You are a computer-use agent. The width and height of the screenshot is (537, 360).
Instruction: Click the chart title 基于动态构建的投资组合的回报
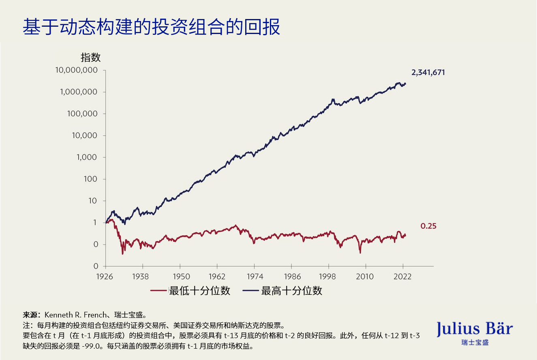(151, 28)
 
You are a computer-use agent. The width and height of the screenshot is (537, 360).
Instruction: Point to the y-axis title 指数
(90, 58)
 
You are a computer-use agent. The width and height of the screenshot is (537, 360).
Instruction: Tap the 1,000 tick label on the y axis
(87, 158)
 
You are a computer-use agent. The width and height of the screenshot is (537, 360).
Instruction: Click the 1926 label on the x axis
(105, 276)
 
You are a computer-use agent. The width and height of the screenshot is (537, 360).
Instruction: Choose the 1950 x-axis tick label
(180, 276)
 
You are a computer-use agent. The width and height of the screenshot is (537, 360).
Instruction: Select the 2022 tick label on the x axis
(403, 276)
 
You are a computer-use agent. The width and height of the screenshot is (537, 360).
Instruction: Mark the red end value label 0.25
(428, 226)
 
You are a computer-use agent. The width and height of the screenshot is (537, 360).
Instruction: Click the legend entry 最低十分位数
(199, 291)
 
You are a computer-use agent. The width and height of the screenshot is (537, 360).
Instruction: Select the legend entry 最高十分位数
(291, 291)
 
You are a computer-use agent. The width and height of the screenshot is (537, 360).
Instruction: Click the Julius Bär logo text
(475, 328)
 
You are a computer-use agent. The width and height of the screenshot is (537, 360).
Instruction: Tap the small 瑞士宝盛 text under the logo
(475, 343)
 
